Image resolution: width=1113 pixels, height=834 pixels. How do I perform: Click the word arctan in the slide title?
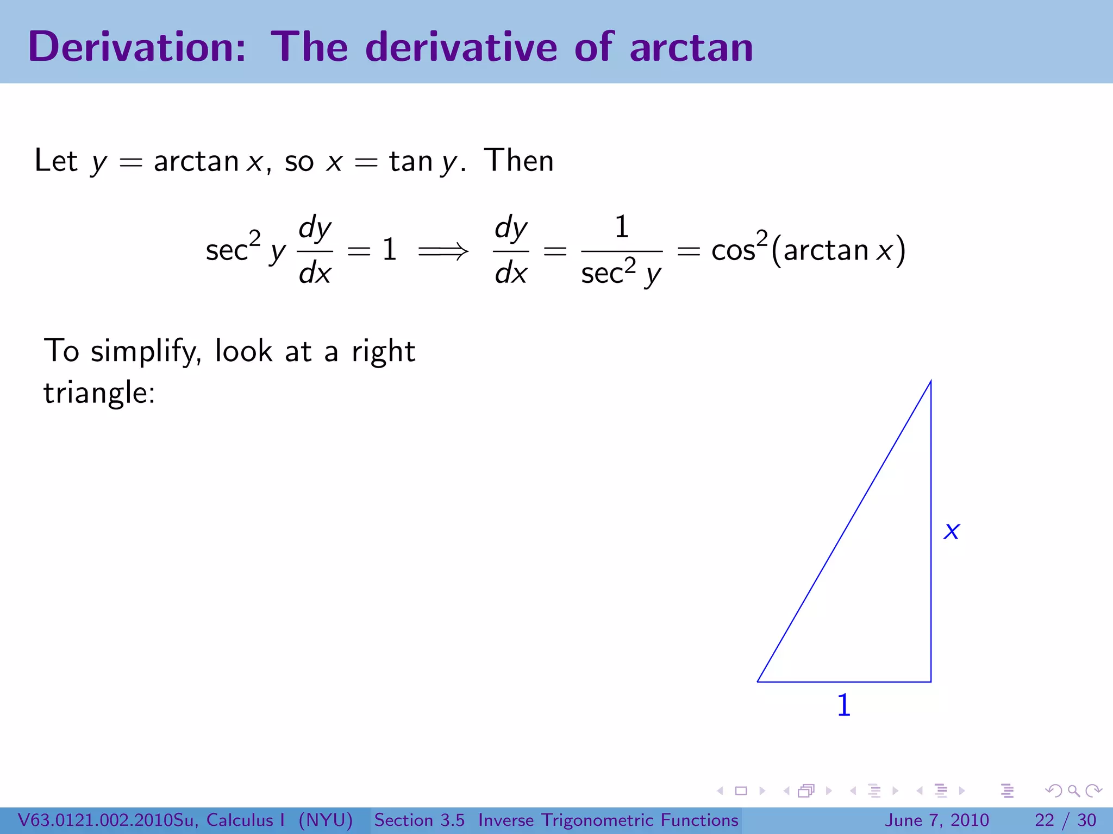coord(691,48)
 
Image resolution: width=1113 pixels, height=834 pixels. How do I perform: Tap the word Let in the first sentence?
coord(56,161)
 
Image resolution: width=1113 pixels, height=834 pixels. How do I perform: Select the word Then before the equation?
coord(519,161)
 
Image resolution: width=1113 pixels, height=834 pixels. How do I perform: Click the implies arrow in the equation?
coord(443,251)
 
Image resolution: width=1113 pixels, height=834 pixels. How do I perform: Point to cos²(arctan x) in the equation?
coord(808,250)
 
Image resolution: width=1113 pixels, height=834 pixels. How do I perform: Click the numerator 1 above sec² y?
coord(622,227)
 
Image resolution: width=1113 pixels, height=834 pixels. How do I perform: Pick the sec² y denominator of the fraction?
coord(621,273)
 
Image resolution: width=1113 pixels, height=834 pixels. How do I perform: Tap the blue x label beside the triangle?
coord(952,531)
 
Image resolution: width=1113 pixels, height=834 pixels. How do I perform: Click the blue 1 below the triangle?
coord(843,705)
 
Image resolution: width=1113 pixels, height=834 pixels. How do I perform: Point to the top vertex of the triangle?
coord(930,382)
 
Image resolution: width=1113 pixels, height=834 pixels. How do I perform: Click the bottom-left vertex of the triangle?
coord(758,681)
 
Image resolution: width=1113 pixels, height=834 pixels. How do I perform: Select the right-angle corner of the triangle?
coord(930,681)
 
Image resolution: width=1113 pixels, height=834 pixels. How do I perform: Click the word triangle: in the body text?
coord(99,393)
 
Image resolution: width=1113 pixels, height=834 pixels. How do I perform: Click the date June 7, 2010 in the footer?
coord(937,820)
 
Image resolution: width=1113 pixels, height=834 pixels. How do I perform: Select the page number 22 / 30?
coord(1065,820)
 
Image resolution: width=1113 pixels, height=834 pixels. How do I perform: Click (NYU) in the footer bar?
coord(326,820)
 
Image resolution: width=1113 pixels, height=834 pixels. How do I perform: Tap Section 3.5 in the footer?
coord(419,820)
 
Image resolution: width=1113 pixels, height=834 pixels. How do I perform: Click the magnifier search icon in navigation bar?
coord(1073,791)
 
